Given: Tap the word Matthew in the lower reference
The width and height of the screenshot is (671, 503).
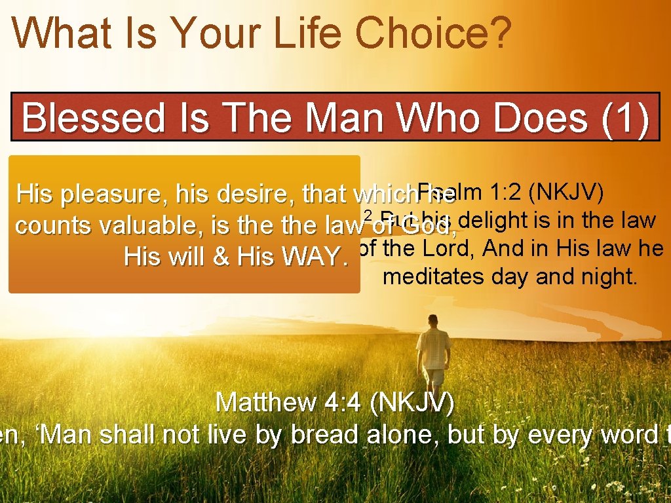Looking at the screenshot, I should (x=265, y=402).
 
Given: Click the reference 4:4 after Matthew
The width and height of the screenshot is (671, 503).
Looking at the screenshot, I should (x=343, y=402).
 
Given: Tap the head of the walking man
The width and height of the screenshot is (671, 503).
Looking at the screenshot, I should (x=433, y=321).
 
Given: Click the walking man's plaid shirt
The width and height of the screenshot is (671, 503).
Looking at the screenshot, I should (x=433, y=347).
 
